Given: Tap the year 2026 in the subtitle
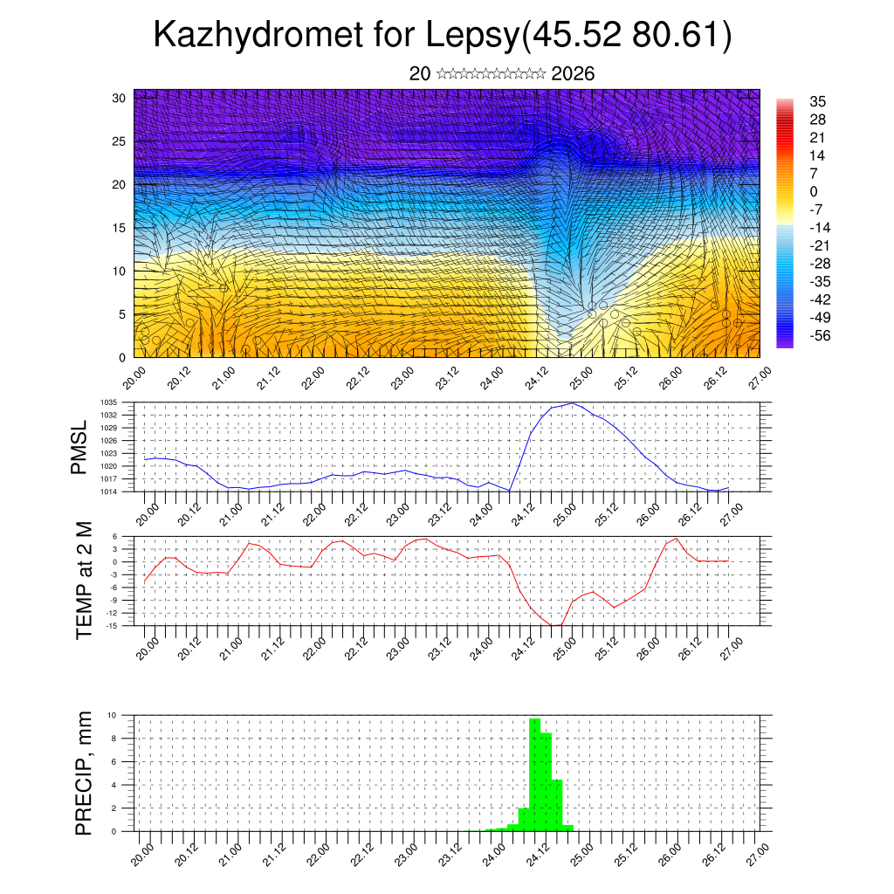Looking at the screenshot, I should (573, 74).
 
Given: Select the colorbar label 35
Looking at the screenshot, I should (817, 101).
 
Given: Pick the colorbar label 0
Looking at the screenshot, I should (814, 191).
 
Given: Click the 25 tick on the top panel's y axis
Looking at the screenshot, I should (120, 141).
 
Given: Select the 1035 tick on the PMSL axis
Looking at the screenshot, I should (120, 402).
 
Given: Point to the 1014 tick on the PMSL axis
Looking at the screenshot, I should (120, 492).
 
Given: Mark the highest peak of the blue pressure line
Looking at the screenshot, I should (572, 403).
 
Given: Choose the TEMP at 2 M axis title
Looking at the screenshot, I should (84, 581).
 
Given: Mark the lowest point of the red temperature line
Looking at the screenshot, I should (555, 625).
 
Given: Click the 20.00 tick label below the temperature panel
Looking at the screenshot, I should (146, 645).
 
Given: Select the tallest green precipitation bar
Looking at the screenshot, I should (535, 774).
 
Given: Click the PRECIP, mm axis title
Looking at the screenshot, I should (84, 773).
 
